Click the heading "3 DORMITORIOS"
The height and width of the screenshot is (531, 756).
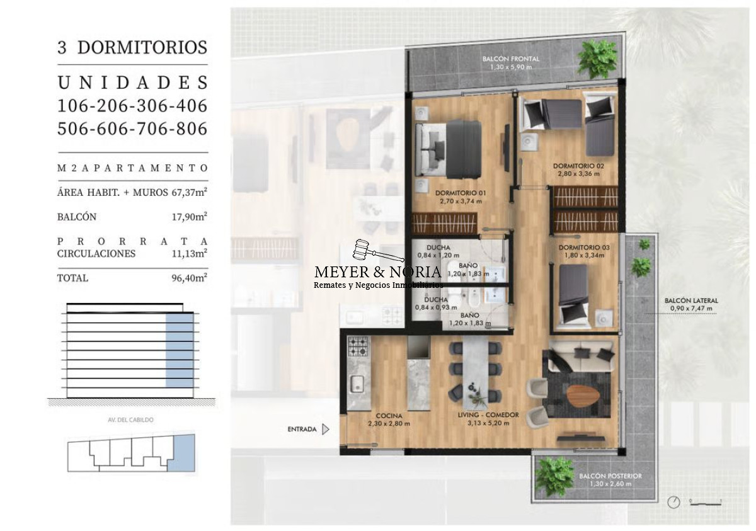pyautogui.click(x=132, y=47)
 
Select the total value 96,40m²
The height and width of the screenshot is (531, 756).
pyautogui.click(x=190, y=278)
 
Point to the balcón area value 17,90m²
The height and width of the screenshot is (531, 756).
pyautogui.click(x=190, y=217)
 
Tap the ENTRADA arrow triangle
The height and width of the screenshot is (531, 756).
pyautogui.click(x=326, y=430)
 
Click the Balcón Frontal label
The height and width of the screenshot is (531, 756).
pyautogui.click(x=511, y=59)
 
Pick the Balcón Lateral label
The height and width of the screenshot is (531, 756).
pyautogui.click(x=690, y=301)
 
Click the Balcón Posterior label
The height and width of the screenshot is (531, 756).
pyautogui.click(x=610, y=476)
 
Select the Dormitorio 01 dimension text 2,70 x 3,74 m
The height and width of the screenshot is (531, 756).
pyautogui.click(x=461, y=202)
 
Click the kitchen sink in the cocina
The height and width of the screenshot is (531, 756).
pyautogui.click(x=357, y=384)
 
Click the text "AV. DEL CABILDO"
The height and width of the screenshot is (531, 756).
pyautogui.click(x=131, y=420)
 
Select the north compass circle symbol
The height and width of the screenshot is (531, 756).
pyautogui.click(x=675, y=502)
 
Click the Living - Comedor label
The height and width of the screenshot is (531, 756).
pyautogui.click(x=488, y=415)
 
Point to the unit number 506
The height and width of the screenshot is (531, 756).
pyautogui.click(x=76, y=128)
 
